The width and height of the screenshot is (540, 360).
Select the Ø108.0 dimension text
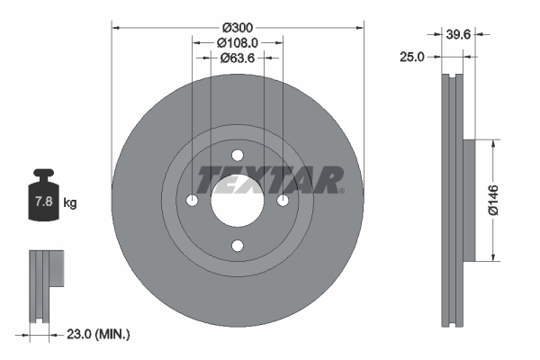238,41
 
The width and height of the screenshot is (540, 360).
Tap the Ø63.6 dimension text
238,58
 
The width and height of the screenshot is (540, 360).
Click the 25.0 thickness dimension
411,57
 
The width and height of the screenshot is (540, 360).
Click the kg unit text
70,203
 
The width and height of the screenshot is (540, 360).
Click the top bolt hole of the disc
238,155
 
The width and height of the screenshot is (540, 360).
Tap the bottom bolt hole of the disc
238,245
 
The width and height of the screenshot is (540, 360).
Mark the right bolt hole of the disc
283,200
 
